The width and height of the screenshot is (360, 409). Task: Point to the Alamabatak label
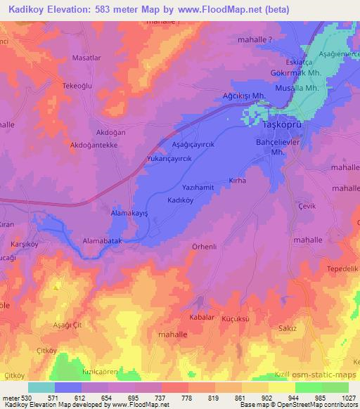point(103,240)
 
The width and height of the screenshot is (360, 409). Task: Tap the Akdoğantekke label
point(88,145)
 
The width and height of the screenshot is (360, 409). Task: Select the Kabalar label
point(200,317)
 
